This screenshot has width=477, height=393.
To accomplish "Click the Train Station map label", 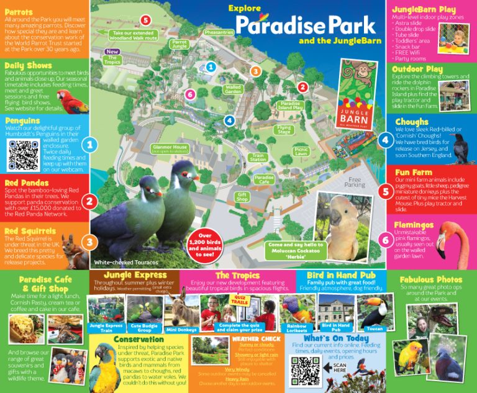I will point(258,158).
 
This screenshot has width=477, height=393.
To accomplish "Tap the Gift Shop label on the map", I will point(242,197).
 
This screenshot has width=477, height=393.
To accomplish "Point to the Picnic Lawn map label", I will point(301,151).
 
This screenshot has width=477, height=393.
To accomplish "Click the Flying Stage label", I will point(284,130).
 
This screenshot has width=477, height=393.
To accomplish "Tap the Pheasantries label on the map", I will point(219,32).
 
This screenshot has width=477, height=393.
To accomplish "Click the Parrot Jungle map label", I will point(179,44).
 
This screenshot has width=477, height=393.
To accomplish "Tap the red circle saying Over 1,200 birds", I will point(214,244).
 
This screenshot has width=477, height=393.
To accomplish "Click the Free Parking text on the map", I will point(354,181).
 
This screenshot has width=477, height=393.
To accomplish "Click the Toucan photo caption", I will point(375,328).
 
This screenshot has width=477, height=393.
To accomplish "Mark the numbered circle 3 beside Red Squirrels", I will point(90,242).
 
